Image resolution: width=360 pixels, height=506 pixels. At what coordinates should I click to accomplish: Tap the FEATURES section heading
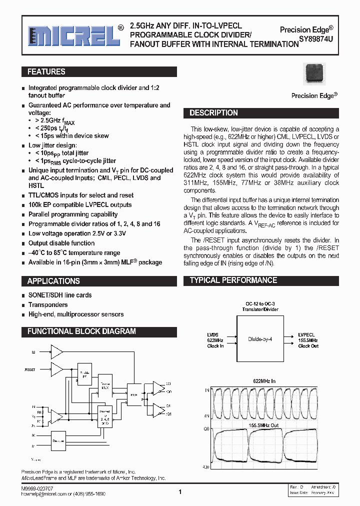coord(46,72)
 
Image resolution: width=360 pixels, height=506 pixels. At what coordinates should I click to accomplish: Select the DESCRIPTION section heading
coord(213,113)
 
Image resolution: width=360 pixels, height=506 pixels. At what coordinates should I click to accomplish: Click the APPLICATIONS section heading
coord(53,281)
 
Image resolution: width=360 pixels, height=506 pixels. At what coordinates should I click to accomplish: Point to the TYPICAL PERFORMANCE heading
coord(233,280)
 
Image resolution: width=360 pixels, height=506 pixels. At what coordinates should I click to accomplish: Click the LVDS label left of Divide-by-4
coord(213,335)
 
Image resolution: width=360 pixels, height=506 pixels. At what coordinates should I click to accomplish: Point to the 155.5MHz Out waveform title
coord(264,425)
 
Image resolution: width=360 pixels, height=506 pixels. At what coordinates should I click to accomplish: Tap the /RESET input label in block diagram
coord(30,369)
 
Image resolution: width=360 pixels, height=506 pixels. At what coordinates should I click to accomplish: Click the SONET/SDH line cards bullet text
coord(60,295)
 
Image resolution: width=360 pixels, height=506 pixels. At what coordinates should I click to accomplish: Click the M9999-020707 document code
coord(37,487)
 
